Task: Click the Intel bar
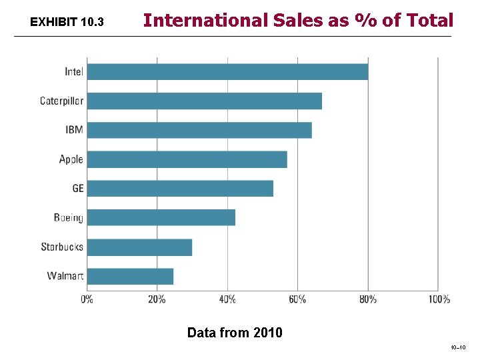(x=227, y=71)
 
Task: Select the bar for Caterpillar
(x=204, y=101)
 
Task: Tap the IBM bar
(x=199, y=130)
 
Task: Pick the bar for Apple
(x=187, y=159)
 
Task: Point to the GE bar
(x=180, y=188)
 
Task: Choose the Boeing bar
(x=161, y=217)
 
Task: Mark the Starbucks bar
(x=139, y=247)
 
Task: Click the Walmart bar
(x=130, y=276)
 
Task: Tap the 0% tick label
(x=87, y=299)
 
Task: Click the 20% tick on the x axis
(x=157, y=299)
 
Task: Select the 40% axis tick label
(x=227, y=299)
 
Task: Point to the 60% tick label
(x=297, y=299)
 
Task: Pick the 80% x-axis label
(x=367, y=299)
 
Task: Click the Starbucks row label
(x=62, y=247)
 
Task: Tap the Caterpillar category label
(x=61, y=101)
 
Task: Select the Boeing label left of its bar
(x=69, y=218)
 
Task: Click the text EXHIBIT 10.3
(x=67, y=23)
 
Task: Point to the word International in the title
(x=200, y=21)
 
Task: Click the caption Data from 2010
(x=235, y=332)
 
